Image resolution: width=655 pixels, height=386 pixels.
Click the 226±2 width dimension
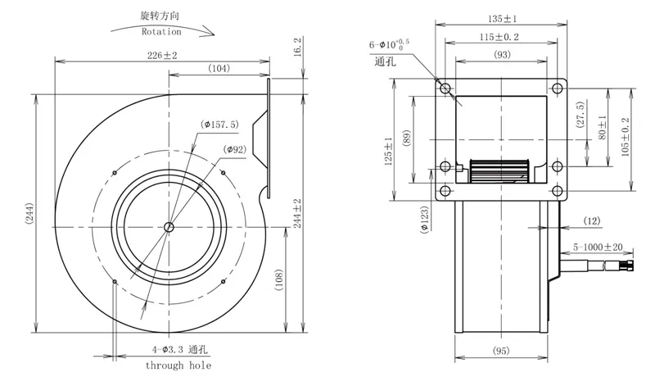coord(162,55)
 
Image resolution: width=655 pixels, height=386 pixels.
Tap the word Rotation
coord(161,31)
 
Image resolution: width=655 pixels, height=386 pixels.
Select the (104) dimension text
coord(219,68)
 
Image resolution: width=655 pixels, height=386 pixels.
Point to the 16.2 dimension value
coord(297,47)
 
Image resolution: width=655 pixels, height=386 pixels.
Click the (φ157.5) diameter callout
coord(219,125)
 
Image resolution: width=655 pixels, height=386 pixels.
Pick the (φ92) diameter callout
coord(234,149)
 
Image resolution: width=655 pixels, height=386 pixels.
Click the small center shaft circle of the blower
coord(169,227)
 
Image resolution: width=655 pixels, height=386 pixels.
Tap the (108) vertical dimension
coord(279,279)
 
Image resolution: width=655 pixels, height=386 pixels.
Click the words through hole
coord(178,366)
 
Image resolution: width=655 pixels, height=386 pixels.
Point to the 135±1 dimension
coord(502,19)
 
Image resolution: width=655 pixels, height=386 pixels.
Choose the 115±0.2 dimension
coord(499,37)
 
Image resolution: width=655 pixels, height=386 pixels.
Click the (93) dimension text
coord(502,54)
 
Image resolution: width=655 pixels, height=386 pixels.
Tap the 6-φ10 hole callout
coord(389,45)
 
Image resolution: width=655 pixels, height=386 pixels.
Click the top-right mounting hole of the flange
coord(558,89)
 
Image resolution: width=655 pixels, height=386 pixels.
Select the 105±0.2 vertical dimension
coord(625,137)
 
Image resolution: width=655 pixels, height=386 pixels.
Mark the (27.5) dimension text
coord(580,115)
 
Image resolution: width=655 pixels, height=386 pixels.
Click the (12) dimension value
coord(591,220)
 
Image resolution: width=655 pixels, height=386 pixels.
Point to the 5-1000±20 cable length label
coord(598,247)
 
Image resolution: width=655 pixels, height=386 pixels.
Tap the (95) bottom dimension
coord(501,351)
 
